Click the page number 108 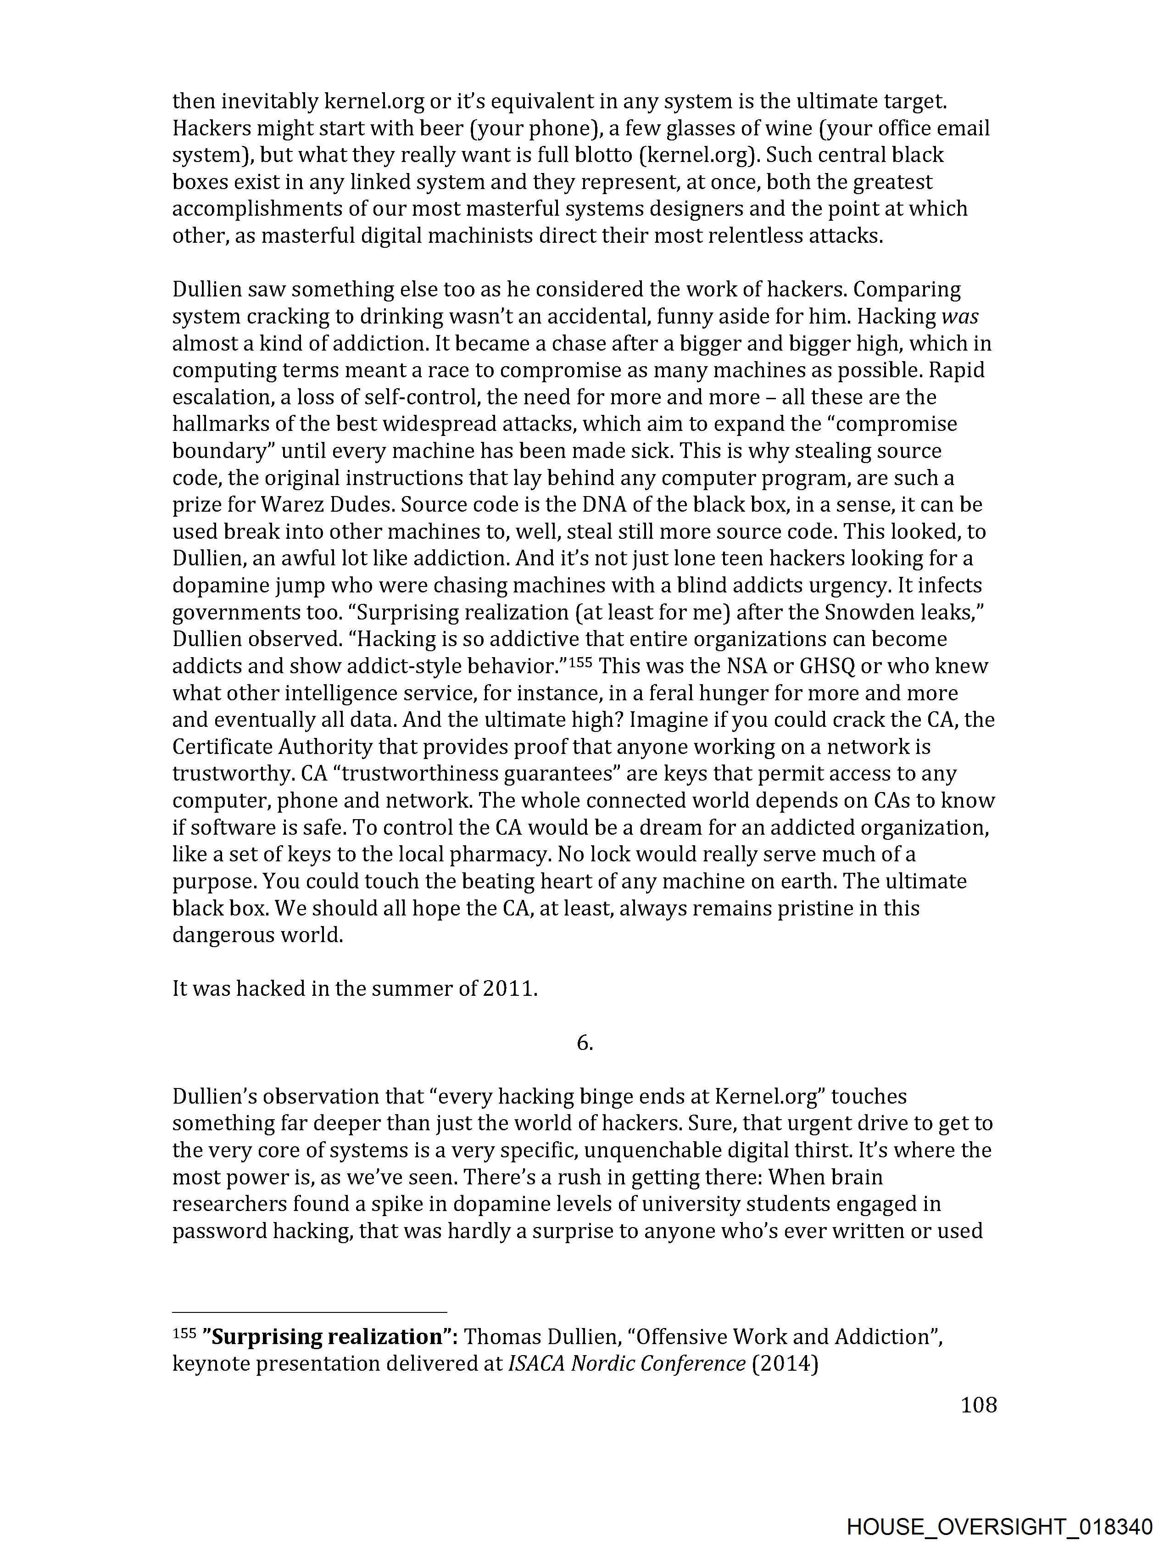(978, 1405)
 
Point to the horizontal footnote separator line (309, 1312)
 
